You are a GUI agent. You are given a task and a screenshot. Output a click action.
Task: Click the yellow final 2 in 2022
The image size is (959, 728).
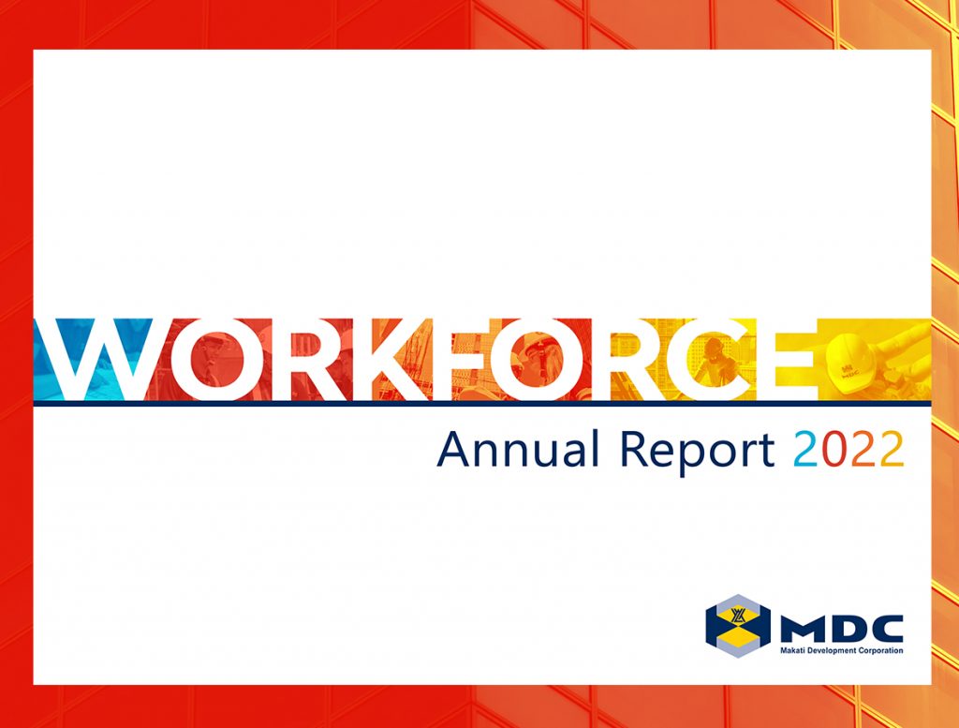click(x=892, y=451)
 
